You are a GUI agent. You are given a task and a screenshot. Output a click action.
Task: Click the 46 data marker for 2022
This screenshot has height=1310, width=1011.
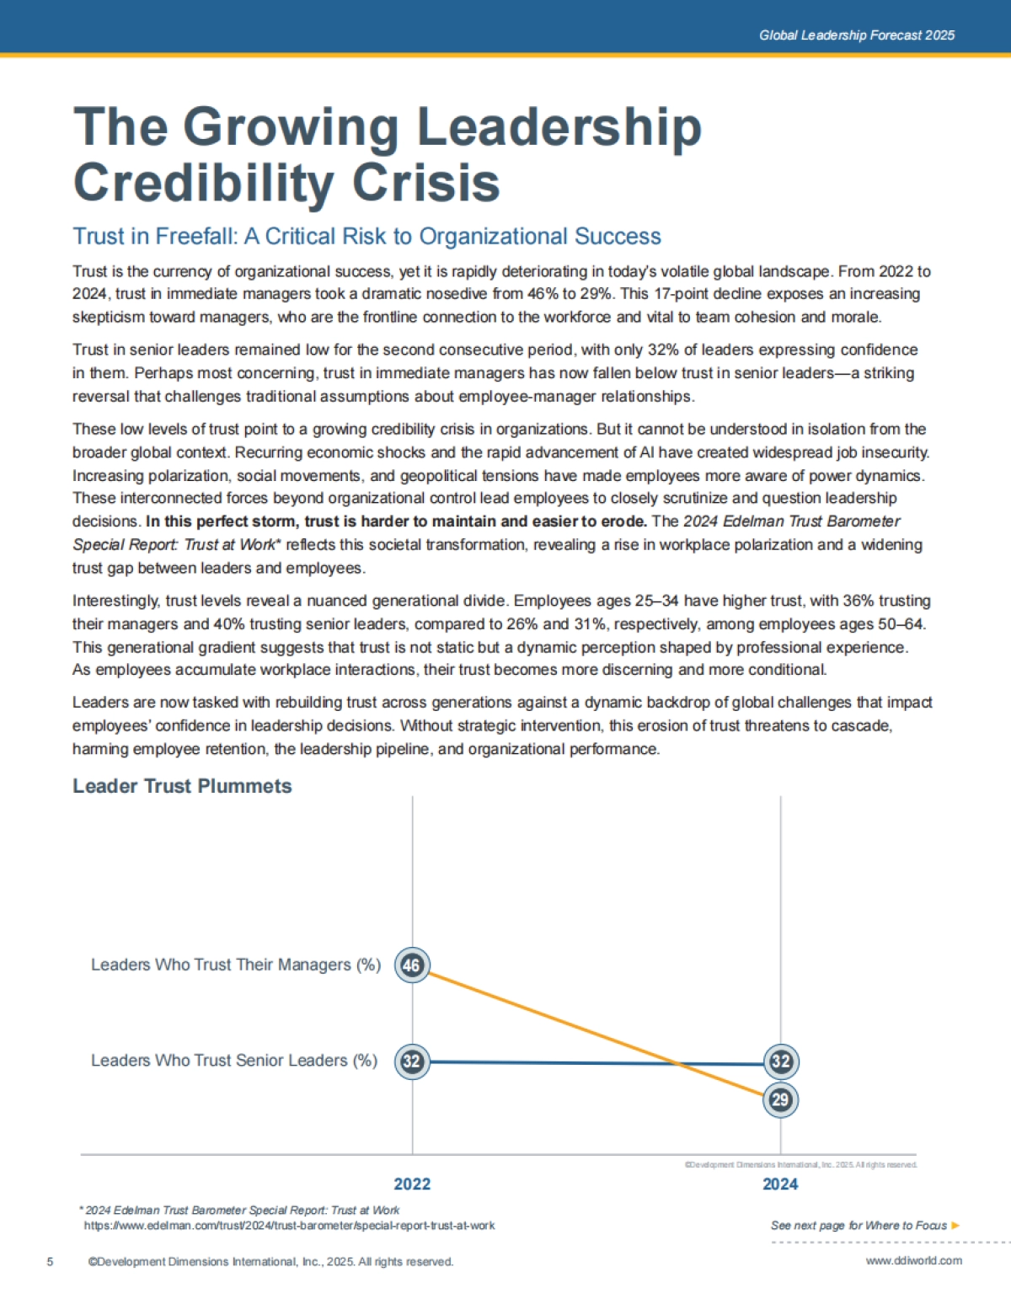tap(412, 965)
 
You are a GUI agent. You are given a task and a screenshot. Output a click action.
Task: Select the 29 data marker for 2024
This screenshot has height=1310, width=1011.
tap(780, 1099)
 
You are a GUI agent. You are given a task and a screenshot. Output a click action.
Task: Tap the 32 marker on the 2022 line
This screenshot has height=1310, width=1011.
tap(412, 1061)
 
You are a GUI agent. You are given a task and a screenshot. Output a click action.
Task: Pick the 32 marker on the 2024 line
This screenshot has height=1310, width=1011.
tap(780, 1061)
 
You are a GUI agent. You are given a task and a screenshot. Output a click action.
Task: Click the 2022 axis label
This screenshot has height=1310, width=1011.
tap(412, 1184)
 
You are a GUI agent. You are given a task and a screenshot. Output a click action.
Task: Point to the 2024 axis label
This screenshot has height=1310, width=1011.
tap(780, 1184)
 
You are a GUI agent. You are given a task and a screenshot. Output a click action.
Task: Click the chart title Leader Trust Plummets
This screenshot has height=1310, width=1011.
tap(182, 786)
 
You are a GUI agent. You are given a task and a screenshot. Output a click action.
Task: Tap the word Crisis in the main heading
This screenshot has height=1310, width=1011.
tap(425, 183)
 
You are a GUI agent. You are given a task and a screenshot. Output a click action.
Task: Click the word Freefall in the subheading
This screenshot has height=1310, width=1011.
tap(196, 237)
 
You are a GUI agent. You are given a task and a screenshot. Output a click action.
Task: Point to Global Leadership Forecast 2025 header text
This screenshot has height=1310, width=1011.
tap(857, 35)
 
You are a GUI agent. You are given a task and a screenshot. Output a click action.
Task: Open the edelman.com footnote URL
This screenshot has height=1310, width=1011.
tap(289, 1225)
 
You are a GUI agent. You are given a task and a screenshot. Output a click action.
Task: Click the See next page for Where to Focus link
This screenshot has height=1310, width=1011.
tap(859, 1225)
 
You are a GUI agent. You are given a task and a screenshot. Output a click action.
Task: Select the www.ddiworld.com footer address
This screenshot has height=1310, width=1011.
tap(913, 1260)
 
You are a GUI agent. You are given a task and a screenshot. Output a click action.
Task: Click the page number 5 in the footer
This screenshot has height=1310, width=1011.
tap(50, 1261)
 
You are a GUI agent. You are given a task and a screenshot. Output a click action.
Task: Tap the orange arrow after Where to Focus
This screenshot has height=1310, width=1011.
tap(955, 1225)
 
